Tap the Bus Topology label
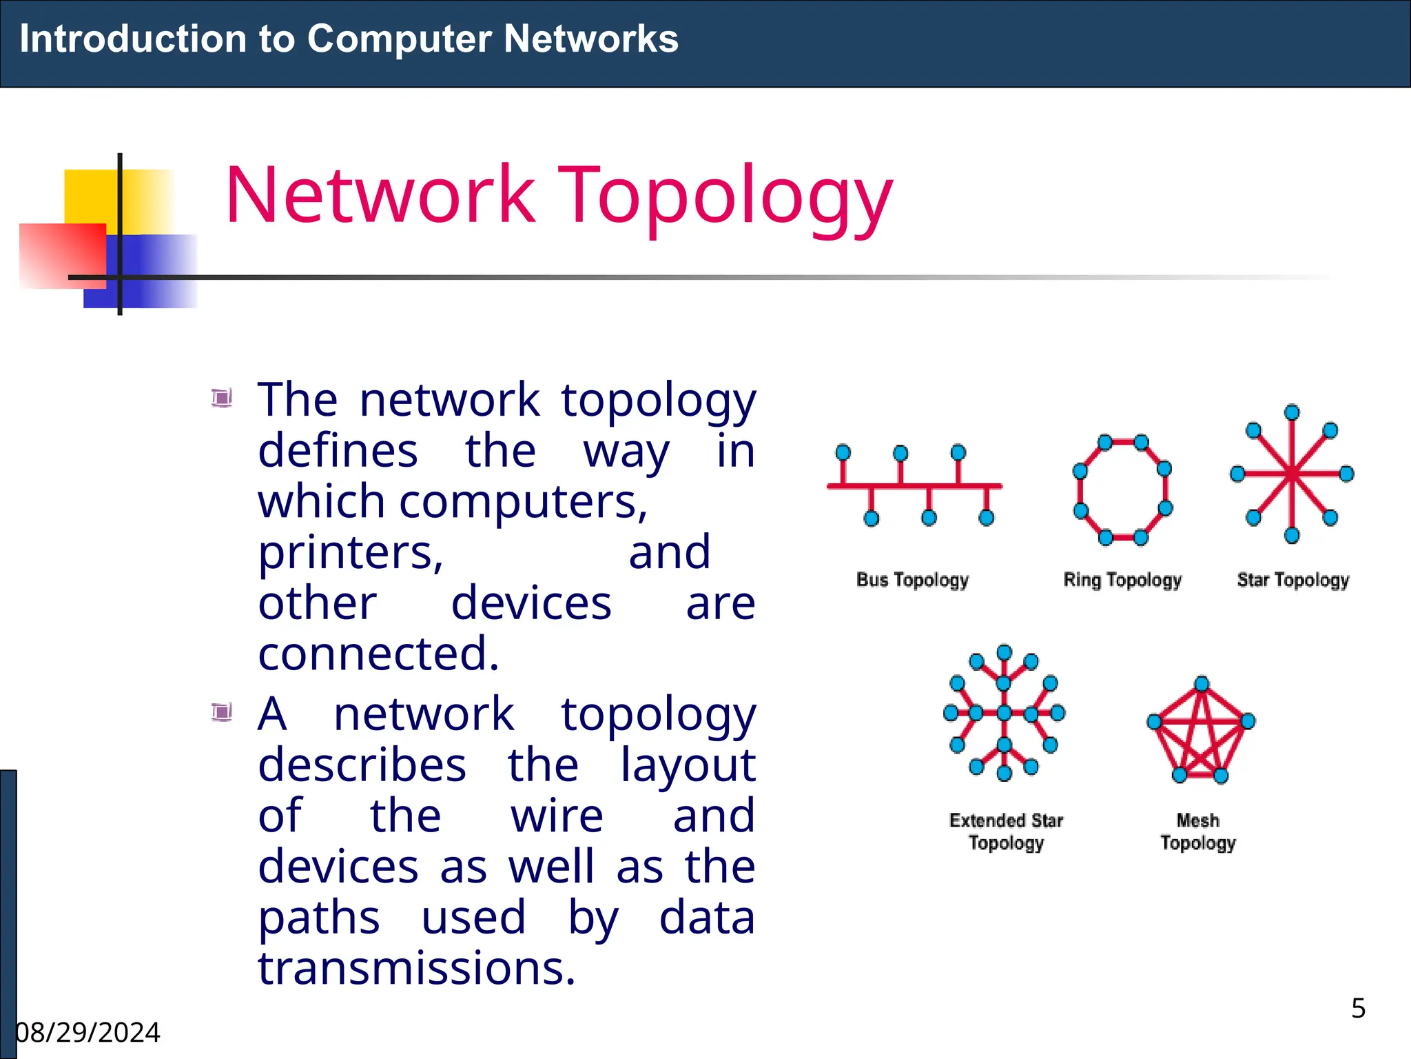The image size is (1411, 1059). tap(912, 580)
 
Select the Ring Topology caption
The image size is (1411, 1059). tap(1122, 580)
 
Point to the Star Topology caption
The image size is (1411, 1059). tap(1292, 580)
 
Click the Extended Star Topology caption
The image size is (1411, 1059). tap(1006, 831)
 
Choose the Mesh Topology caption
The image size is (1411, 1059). tap(1198, 831)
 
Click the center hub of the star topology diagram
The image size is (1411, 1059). tap(1292, 474)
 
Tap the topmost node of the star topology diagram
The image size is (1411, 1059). tap(1292, 412)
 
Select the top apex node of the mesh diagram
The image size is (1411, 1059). tap(1202, 684)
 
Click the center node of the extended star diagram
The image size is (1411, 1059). tap(1005, 713)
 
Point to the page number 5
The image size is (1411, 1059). tap(1358, 1009)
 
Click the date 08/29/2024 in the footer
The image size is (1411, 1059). tap(88, 1033)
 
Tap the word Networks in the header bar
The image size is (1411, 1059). tap(590, 39)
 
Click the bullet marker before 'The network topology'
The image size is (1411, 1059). tap(222, 398)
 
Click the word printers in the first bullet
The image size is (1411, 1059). tap(351, 553)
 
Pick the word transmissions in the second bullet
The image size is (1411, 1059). tap(416, 968)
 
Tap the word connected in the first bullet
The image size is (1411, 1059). tap(378, 654)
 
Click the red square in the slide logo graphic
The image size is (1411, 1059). tap(62, 255)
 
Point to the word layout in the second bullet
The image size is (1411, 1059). tap(688, 765)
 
